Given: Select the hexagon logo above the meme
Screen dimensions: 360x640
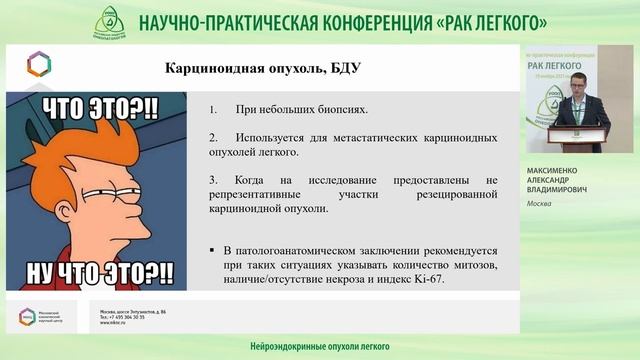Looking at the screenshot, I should point(39,64).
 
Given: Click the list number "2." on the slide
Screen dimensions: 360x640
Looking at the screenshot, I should point(214,135).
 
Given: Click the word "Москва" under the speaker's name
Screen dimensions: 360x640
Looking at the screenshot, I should point(540,203).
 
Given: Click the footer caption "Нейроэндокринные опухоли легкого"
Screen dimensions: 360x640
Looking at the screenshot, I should point(304,346).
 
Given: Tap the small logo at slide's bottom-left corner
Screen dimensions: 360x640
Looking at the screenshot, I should point(26,318).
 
